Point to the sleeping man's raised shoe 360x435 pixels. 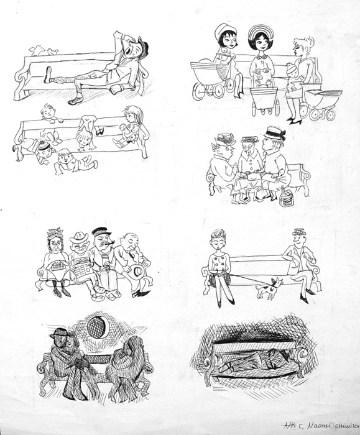point(48,74)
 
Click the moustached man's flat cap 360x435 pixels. point(101,231)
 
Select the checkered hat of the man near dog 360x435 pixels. point(300,232)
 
